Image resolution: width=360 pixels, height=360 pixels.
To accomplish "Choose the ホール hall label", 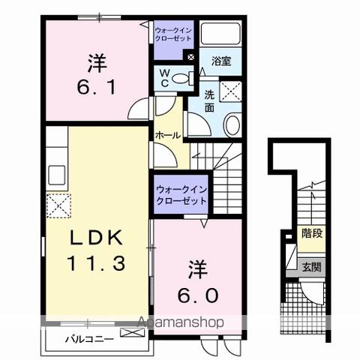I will [167, 135].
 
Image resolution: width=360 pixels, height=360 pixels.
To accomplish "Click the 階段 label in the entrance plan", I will [312, 234].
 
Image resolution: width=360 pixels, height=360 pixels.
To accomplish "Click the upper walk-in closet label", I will [174, 33].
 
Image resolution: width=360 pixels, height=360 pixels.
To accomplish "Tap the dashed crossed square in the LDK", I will [58, 203].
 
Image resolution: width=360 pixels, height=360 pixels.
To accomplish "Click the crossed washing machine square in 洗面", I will [231, 92].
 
